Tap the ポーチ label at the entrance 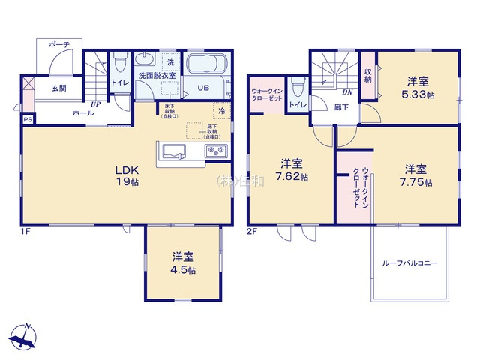coord(59,45)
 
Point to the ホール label coord(82,113)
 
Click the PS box coord(28,119)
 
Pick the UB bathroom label coord(203,88)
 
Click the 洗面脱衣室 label coord(157,75)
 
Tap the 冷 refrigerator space coord(223,110)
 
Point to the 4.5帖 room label coord(182,262)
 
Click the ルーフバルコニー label coord(409,263)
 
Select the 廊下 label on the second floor coord(342,106)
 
